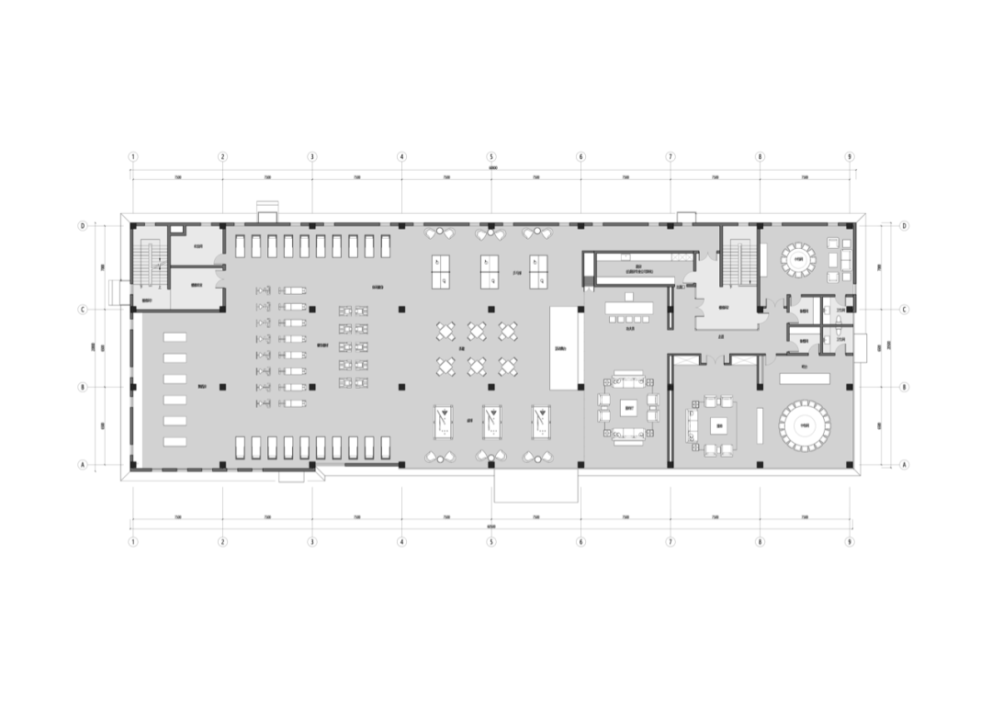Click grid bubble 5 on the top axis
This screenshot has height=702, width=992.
pos(491,156)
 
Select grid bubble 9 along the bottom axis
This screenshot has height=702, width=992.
pos(850,541)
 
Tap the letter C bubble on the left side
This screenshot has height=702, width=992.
pos(83,310)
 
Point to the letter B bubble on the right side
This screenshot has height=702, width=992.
pos(905,387)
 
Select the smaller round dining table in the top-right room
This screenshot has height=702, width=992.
pos(798,258)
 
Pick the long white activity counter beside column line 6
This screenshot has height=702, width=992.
pos(563,348)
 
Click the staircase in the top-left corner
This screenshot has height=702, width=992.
pos(149,262)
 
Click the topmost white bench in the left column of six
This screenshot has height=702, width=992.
pos(175,337)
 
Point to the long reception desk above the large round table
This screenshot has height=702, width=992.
pos(804,378)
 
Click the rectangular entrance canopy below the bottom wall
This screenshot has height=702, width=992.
pos(536,484)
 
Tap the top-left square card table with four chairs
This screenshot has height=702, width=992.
pos(446,331)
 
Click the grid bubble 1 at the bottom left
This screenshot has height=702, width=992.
pos(133,541)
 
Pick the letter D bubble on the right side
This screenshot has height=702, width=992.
pos(905,225)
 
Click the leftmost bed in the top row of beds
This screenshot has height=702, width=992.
pos(241,246)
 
